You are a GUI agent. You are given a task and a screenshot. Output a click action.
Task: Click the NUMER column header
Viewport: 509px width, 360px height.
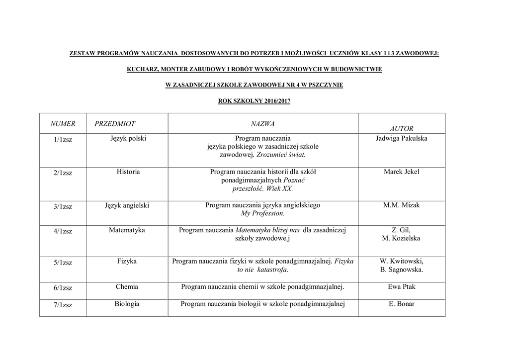click(x=63, y=123)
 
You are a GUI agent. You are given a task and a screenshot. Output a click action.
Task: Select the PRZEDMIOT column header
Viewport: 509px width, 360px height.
click(x=115, y=123)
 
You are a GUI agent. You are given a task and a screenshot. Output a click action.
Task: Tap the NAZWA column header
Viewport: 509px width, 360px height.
click(x=263, y=123)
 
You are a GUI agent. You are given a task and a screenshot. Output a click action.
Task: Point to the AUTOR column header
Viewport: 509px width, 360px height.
click(x=402, y=128)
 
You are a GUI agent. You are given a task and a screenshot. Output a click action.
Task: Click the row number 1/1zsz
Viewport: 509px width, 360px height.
click(x=63, y=140)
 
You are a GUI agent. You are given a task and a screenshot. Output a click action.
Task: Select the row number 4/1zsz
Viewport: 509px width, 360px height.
click(x=63, y=231)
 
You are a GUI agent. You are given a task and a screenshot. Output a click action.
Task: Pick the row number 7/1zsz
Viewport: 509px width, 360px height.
click(x=63, y=305)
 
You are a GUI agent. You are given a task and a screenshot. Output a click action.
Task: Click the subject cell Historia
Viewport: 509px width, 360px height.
click(x=128, y=172)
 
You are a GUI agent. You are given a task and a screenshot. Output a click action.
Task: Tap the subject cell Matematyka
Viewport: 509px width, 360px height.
click(x=127, y=230)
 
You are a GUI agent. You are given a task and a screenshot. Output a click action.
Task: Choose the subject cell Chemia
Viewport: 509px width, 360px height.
click(x=127, y=287)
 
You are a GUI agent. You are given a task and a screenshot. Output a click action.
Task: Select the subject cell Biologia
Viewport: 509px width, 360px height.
click(x=127, y=304)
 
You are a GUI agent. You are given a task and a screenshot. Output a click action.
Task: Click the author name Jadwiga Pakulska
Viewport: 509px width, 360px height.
click(x=402, y=139)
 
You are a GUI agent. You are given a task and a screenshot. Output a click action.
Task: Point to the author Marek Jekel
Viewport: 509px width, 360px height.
click(x=402, y=172)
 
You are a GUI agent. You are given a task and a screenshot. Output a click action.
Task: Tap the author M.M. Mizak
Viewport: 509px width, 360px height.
click(x=402, y=205)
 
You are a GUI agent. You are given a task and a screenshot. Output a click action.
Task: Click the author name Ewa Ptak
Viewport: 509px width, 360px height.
click(x=402, y=287)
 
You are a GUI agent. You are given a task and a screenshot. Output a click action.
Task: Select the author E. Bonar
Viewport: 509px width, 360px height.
click(x=402, y=304)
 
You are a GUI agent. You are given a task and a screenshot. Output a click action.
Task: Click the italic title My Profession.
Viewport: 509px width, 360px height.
click(x=262, y=213)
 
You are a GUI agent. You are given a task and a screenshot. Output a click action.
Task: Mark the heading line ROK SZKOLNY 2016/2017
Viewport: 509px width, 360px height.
click(x=254, y=101)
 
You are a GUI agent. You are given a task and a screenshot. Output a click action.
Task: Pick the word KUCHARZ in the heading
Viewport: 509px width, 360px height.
click(x=143, y=70)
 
